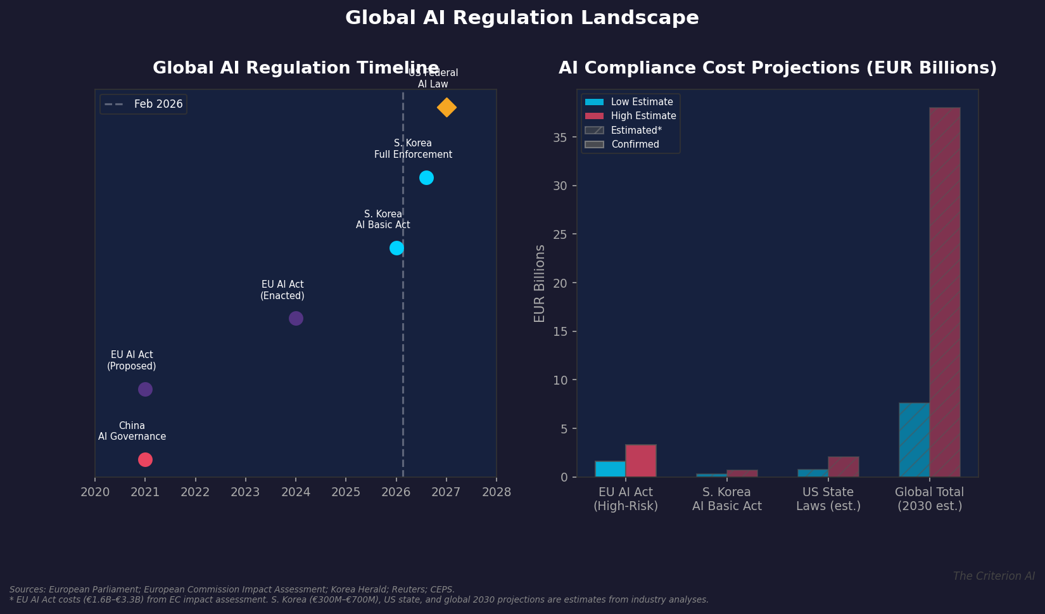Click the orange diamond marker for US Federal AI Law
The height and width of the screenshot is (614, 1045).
click(446, 108)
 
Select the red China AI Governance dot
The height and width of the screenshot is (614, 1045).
click(145, 459)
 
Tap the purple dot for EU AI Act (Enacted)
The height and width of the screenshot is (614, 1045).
click(296, 318)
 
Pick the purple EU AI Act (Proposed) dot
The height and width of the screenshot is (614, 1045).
click(145, 389)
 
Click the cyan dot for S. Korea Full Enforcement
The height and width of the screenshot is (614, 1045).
click(426, 177)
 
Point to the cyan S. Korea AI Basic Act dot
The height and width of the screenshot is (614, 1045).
click(396, 248)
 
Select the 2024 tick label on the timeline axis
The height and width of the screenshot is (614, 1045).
click(296, 492)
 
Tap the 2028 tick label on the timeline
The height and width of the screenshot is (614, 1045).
click(496, 492)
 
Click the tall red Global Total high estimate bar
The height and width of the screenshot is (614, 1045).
click(944, 291)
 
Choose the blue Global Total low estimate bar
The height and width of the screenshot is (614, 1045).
click(914, 440)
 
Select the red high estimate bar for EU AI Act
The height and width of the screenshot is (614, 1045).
click(641, 461)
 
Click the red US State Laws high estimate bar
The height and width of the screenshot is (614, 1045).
click(843, 466)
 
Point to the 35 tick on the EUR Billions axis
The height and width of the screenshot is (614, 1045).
click(560, 138)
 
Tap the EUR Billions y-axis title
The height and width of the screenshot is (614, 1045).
click(540, 283)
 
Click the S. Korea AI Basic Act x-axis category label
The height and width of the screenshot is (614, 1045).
click(726, 499)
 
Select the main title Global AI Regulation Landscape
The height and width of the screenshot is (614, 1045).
click(522, 18)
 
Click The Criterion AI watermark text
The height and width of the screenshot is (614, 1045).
click(993, 576)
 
